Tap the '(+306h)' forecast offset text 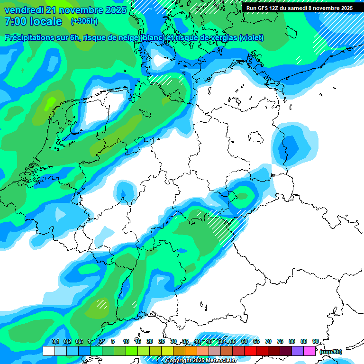point(85,21)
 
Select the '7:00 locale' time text point(33,21)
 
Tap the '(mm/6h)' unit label point(331,352)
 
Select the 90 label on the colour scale point(315,341)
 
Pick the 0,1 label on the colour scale point(55,341)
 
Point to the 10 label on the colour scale point(126,341)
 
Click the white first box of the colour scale point(48,351)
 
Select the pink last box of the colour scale point(309,351)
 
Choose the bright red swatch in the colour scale point(250,351)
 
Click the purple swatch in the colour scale point(297,351)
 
